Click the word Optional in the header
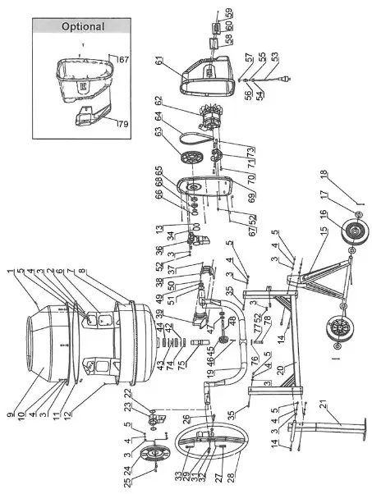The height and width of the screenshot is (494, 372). point(83,26)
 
